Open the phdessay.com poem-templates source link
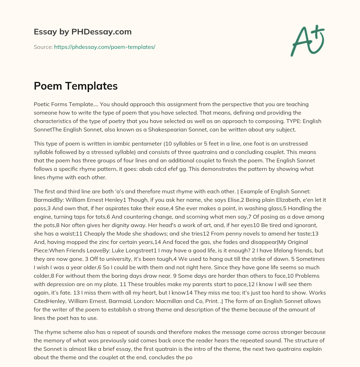pyautogui.click(x=104, y=47)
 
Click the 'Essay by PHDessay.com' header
pyautogui.click(x=83, y=32)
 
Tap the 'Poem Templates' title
pyautogui.click(x=76, y=86)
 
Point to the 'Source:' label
pyautogui.click(x=43, y=47)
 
